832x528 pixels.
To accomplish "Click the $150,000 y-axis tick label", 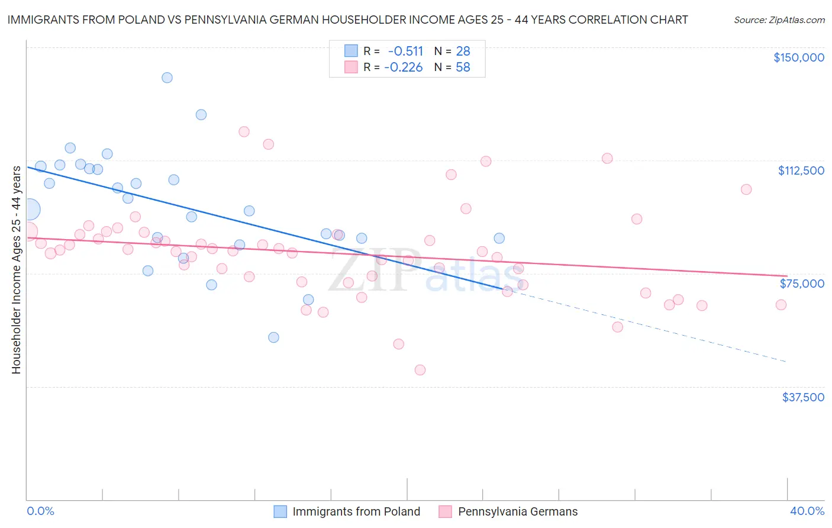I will click(x=798, y=57).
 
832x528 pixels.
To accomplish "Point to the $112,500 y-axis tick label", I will click(x=801, y=170).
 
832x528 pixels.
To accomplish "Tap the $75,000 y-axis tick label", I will click(x=802, y=284).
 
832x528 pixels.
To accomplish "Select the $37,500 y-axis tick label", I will click(x=803, y=397).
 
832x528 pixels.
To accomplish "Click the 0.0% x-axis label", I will click(x=40, y=511).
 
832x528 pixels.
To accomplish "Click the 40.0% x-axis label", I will click(x=807, y=511).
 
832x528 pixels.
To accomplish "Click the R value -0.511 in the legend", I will click(x=405, y=51).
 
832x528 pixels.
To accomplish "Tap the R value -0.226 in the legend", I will click(x=404, y=67).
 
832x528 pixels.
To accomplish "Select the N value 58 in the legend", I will click(x=463, y=67).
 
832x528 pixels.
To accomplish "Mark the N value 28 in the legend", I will click(x=463, y=51).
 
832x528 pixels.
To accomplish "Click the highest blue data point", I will click(x=167, y=78).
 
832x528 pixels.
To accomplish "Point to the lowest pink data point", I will click(x=420, y=370).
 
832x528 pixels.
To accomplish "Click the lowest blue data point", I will click(x=273, y=337).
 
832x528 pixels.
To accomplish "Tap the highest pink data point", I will click(x=244, y=131).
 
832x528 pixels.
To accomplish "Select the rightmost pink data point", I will click(x=781, y=305).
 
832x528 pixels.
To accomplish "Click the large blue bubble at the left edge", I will click(x=29, y=209).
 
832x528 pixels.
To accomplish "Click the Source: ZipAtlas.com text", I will click(x=779, y=20).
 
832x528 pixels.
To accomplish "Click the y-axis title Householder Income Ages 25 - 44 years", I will click(x=17, y=269).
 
